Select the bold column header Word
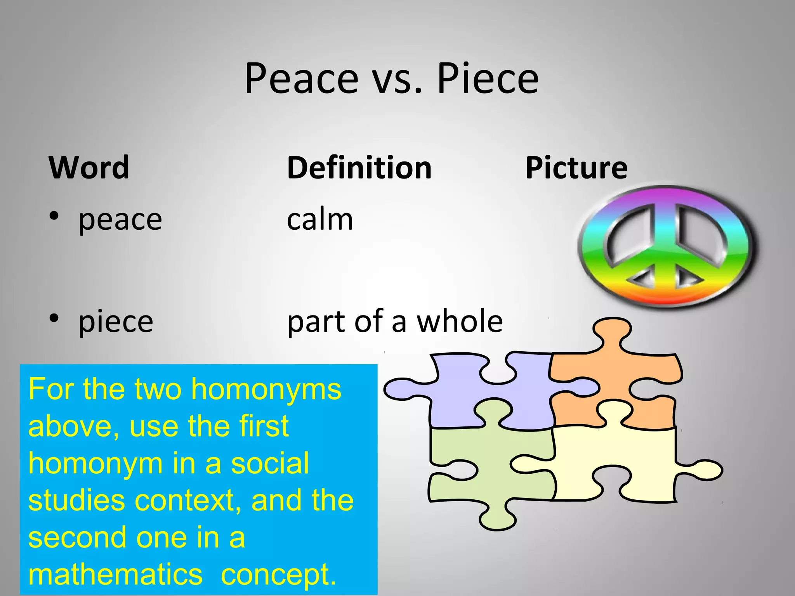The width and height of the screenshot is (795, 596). (89, 168)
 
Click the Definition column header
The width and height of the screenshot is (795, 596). (359, 168)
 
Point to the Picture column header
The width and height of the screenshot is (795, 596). (576, 168)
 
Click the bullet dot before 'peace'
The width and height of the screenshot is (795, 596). (54, 216)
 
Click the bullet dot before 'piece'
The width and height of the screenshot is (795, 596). (54, 318)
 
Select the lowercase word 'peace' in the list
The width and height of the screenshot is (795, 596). (120, 220)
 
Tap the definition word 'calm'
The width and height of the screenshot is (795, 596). (320, 220)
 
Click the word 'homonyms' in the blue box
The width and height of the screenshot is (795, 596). (266, 390)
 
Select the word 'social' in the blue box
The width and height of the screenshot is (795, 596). (270, 463)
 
